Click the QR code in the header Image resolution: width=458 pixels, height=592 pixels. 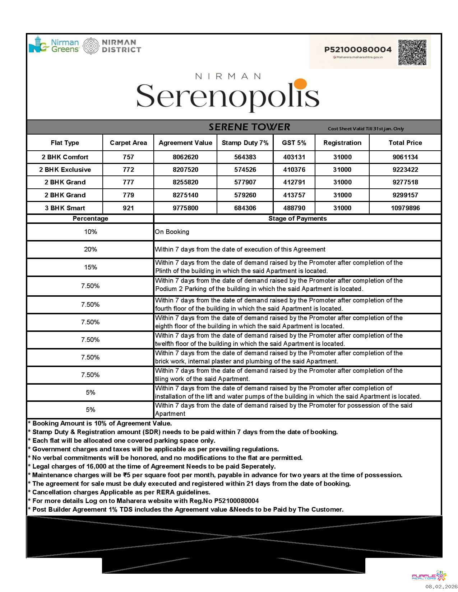412,52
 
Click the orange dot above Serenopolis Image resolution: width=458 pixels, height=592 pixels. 300,84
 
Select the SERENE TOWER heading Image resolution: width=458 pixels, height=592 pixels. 249,127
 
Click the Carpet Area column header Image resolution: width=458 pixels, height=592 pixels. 128,143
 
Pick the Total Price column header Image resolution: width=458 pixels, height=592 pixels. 405,143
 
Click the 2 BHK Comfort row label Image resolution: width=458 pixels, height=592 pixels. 65,157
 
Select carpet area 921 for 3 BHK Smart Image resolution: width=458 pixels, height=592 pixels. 128,208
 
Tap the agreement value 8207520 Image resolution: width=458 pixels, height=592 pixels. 185,170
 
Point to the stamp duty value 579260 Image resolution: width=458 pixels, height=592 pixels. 245,195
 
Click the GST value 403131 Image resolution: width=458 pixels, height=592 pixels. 294,157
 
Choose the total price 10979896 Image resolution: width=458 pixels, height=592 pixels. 405,208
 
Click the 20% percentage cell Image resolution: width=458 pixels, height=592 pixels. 91,249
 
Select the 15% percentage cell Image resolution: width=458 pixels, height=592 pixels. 91,267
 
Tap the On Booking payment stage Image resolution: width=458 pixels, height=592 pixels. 172,232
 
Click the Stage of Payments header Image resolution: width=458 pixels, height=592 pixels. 297,219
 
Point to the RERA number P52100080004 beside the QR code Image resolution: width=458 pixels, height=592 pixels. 358,50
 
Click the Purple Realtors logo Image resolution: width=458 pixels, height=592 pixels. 429,576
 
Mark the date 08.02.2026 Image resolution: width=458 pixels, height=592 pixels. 441,587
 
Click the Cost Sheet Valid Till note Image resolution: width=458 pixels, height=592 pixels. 366,129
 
